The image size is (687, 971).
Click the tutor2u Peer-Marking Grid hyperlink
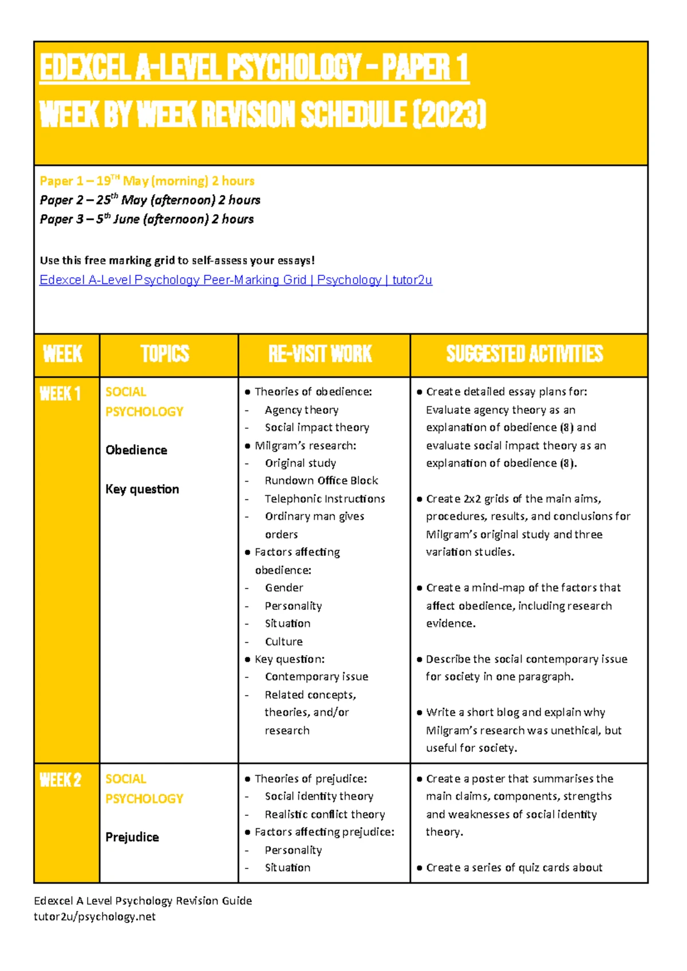coord(235,280)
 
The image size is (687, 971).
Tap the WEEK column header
coord(63,354)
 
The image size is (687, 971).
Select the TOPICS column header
coord(165,354)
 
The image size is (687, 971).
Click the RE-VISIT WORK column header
coord(320,354)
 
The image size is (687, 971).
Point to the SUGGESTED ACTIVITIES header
coord(524,354)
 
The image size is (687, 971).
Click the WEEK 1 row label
coord(60,394)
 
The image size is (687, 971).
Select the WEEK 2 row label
coord(60,780)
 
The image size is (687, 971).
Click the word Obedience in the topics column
coord(136,450)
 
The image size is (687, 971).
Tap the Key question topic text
coord(142,489)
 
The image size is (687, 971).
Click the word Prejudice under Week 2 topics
coord(132,837)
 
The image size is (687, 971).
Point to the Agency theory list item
coord(301,410)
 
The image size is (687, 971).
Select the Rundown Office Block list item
coord(321,480)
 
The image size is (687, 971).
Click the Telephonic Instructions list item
coord(325,499)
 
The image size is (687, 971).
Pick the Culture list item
coord(283,641)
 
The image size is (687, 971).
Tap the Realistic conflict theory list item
coord(325,814)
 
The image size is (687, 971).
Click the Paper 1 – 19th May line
coord(147,181)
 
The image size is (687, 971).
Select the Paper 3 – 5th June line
coord(147,219)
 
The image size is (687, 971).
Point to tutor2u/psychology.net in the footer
coord(94,917)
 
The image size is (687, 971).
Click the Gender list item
coord(284,587)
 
